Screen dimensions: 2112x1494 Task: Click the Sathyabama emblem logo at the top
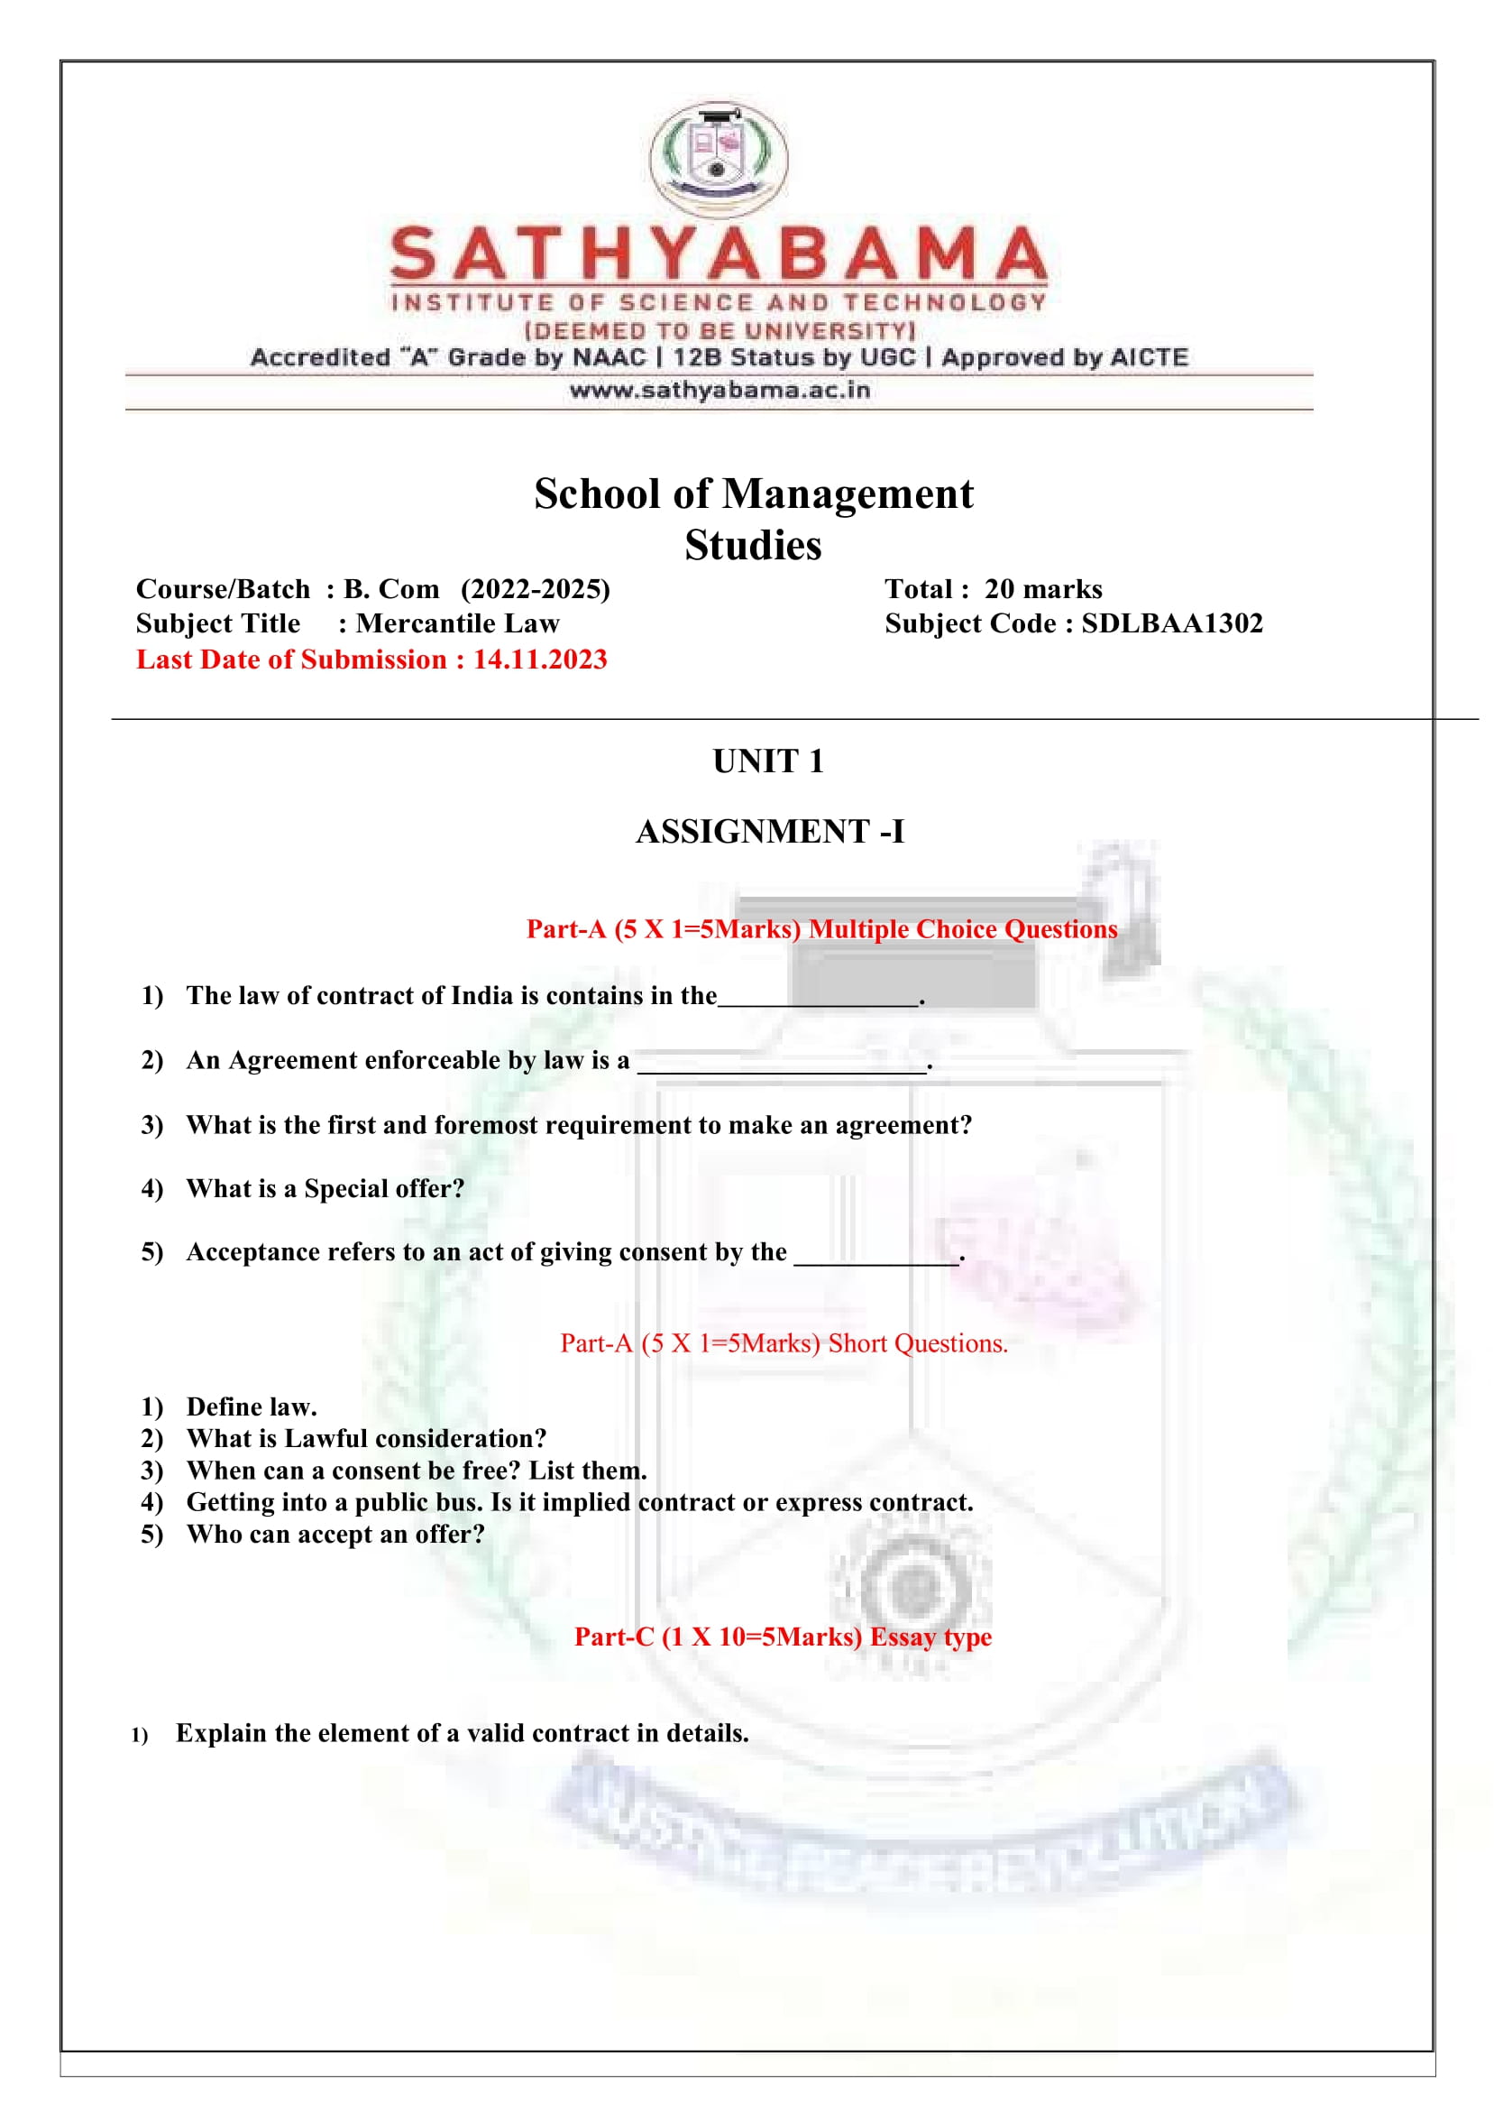point(719,158)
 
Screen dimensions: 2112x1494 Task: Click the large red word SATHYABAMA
point(719,254)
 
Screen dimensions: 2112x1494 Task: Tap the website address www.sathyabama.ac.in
point(720,390)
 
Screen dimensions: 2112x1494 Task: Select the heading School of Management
point(753,494)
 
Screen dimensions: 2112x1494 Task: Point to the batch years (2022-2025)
point(536,589)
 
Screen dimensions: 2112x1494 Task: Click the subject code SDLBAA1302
point(1171,624)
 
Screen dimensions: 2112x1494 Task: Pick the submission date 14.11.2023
point(540,659)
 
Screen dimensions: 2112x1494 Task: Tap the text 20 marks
point(1042,589)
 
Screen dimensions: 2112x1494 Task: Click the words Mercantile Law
point(457,624)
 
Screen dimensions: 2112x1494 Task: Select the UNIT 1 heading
point(768,761)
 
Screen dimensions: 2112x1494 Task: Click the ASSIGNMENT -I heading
point(770,831)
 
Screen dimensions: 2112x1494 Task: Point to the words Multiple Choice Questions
point(962,929)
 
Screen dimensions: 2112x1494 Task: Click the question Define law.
point(252,1407)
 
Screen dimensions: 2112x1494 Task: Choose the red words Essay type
point(930,1637)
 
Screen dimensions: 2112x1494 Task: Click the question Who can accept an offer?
point(335,1535)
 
